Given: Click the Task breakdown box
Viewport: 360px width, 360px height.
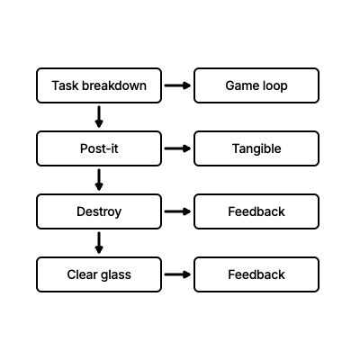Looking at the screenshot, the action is point(99,85).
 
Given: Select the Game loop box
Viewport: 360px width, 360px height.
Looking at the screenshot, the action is point(256,85).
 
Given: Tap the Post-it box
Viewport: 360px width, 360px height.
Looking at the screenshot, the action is point(99,148).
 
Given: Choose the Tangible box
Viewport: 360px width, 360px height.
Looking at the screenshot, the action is point(256,148).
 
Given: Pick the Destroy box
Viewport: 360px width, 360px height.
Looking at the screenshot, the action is point(99,211).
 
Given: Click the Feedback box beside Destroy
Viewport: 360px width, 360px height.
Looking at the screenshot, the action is point(256,211).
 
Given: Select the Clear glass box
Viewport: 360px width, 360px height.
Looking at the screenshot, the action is point(99,274).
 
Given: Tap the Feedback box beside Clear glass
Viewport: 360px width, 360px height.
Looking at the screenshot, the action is point(256,274).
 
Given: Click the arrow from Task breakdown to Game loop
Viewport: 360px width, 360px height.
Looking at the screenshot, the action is point(177,85).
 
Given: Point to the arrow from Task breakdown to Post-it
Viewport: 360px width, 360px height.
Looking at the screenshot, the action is point(99,117).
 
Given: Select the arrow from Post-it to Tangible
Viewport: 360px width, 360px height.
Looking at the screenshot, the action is point(177,148).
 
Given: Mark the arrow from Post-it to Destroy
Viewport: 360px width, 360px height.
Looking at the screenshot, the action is point(99,180).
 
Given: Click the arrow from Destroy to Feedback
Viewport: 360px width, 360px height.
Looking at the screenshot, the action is point(177,211).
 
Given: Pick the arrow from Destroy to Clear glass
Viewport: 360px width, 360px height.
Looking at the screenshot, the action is point(99,243).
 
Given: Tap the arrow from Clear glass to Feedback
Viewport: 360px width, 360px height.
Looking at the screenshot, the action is point(177,274).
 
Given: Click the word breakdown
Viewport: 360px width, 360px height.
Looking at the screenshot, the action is point(114,85).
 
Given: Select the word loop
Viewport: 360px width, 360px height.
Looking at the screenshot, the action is point(275,86).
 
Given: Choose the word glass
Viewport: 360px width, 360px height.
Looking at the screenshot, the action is point(115,275).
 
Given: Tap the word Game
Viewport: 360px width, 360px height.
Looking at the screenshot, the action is point(242,85).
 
